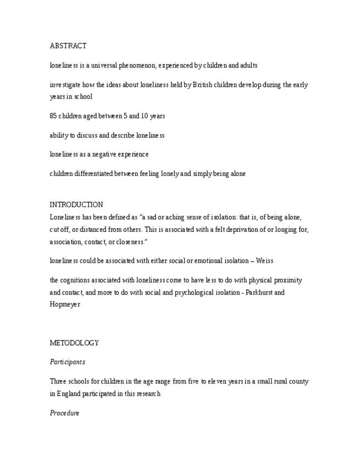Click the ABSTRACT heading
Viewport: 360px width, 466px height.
pos(68,46)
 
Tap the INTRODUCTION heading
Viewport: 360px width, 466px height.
pos(76,205)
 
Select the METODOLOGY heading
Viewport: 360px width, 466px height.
pos(74,343)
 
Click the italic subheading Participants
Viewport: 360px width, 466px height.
pos(68,362)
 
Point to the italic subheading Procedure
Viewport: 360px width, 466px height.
pos(65,413)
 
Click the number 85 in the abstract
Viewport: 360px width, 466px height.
pos(53,116)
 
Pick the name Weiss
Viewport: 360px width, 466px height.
pos(264,261)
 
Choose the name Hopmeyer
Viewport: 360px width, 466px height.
pos(65,304)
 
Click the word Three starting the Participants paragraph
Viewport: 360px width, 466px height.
pos(58,381)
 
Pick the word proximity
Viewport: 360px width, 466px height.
pos(287,280)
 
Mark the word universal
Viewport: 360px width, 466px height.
pos(101,65)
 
